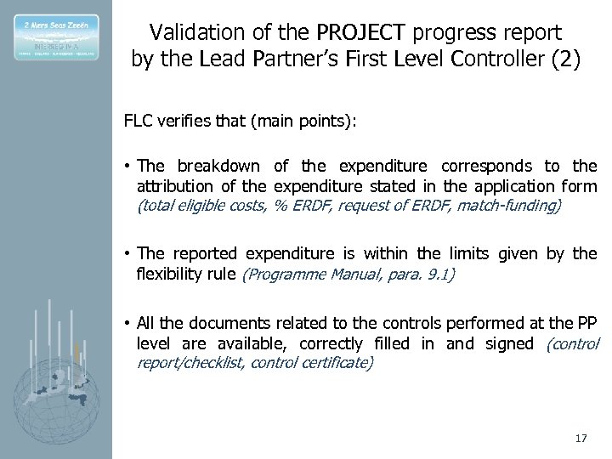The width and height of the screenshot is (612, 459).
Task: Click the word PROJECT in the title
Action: pyautogui.click(x=363, y=33)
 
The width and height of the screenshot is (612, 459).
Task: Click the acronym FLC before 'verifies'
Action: pyautogui.click(x=139, y=121)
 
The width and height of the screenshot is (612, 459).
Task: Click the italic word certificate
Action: pyautogui.click(x=337, y=362)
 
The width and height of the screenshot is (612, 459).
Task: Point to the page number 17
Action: pyautogui.click(x=581, y=439)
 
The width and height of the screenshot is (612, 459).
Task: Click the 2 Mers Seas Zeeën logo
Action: pyautogui.click(x=56, y=37)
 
